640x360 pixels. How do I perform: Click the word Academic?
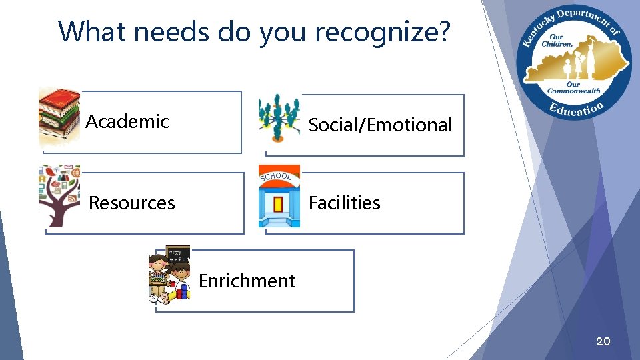(x=127, y=121)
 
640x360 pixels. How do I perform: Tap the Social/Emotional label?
(x=380, y=125)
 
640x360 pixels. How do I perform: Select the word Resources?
(x=131, y=203)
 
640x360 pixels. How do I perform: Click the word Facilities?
(x=344, y=203)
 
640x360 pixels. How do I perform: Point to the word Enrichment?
(x=246, y=281)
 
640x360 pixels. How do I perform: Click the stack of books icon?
(x=59, y=115)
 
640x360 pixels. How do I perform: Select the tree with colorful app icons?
(x=59, y=196)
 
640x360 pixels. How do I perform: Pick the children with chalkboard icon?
(x=169, y=275)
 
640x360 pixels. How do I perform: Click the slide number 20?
(x=602, y=342)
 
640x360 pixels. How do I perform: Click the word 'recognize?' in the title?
(x=385, y=31)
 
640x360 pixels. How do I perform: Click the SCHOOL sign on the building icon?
(x=275, y=177)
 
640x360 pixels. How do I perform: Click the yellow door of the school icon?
(x=279, y=203)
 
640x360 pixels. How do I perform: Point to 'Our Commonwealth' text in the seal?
(x=573, y=88)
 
